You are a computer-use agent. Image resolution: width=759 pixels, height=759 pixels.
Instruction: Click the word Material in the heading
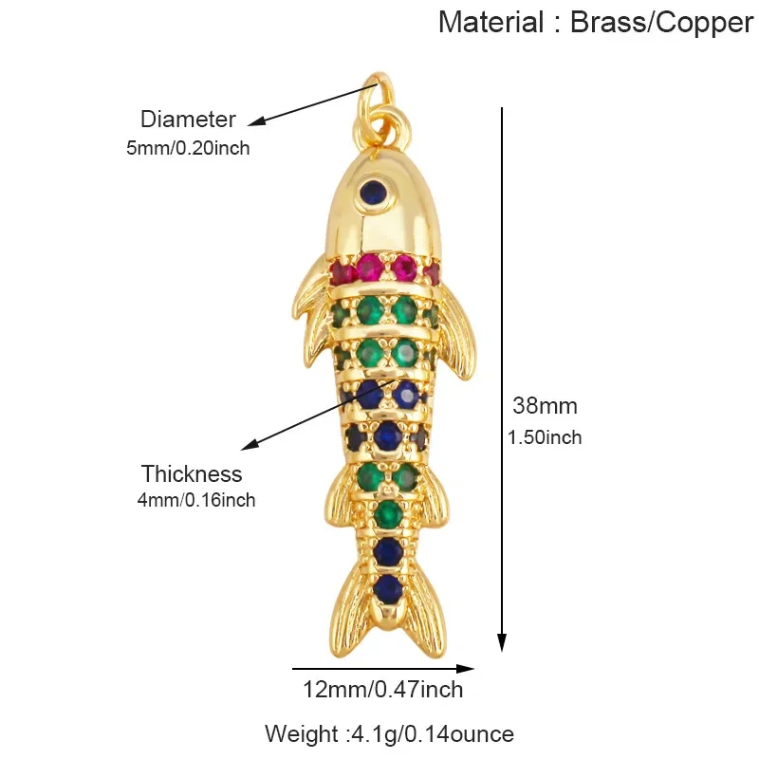pos(491,22)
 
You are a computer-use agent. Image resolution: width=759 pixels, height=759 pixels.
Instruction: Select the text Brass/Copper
pos(661,23)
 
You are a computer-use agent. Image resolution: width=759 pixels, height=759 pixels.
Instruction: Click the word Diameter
pos(188,120)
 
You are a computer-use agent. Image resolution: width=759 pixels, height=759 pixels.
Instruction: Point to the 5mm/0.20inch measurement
pos(188,148)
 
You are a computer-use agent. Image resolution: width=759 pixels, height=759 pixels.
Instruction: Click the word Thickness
pos(192,473)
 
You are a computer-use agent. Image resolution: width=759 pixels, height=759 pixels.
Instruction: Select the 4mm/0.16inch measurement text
pos(196,500)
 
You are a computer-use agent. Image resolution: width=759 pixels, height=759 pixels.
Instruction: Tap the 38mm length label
pos(545,406)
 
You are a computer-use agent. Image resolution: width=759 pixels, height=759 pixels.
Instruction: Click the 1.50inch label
pos(545,437)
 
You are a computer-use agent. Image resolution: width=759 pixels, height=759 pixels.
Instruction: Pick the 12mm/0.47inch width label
pos(383,690)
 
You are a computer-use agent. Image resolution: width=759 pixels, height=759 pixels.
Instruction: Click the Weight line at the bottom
pos(389,733)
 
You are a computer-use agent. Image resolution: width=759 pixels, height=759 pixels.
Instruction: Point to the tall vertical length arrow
pos(503,380)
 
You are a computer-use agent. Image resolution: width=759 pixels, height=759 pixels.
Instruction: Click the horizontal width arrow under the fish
pos(383,669)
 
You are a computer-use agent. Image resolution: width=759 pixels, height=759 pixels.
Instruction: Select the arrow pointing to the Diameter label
pos(312,105)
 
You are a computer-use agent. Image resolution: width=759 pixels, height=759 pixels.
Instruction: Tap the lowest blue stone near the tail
pos(389,588)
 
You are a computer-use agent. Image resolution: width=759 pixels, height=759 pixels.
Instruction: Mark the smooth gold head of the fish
pos(382,208)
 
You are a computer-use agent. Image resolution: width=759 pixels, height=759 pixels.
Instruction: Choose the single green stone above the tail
pos(387,514)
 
